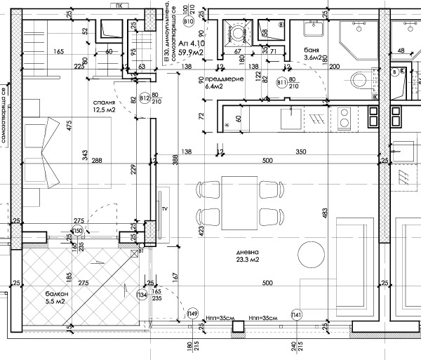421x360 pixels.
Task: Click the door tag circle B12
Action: [x=145, y=98]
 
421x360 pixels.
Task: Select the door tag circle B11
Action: [x=282, y=83]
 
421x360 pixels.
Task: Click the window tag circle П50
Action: [x=77, y=231]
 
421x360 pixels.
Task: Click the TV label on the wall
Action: [x=164, y=209]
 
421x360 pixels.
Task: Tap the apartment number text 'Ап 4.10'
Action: [x=190, y=43]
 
